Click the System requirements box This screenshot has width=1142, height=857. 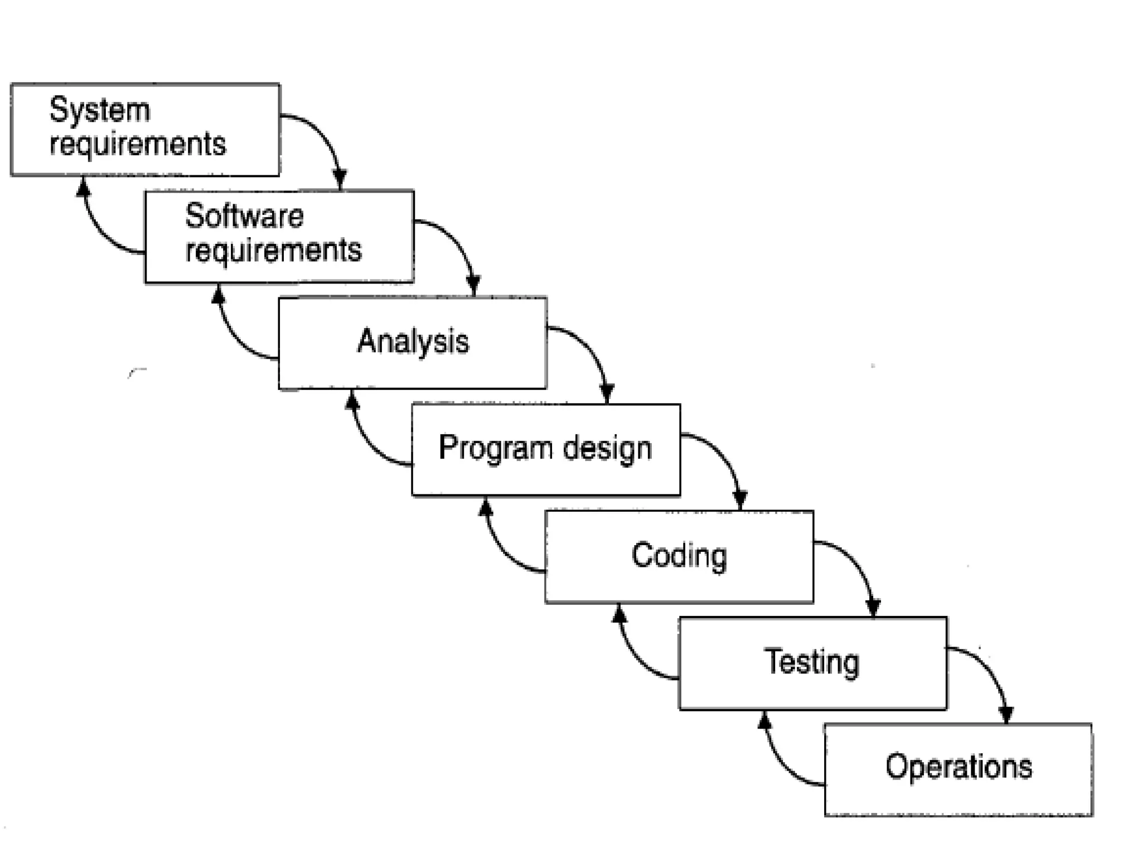(145, 129)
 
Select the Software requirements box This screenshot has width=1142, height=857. (279, 237)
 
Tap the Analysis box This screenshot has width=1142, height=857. (413, 343)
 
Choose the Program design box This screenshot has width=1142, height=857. (545, 449)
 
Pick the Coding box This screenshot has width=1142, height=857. (679, 556)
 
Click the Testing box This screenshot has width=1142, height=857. (812, 663)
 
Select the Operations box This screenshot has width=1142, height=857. (958, 769)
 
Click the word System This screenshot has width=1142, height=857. (100, 110)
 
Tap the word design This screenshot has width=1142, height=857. (607, 449)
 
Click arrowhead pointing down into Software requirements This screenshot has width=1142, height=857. (340, 180)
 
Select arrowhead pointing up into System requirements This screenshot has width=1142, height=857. (84, 187)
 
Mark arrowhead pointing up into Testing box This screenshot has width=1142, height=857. (765, 721)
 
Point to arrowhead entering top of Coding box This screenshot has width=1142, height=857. (741, 500)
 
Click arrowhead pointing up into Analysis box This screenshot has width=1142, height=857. (352, 401)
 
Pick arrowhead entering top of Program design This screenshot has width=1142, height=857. (607, 393)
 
